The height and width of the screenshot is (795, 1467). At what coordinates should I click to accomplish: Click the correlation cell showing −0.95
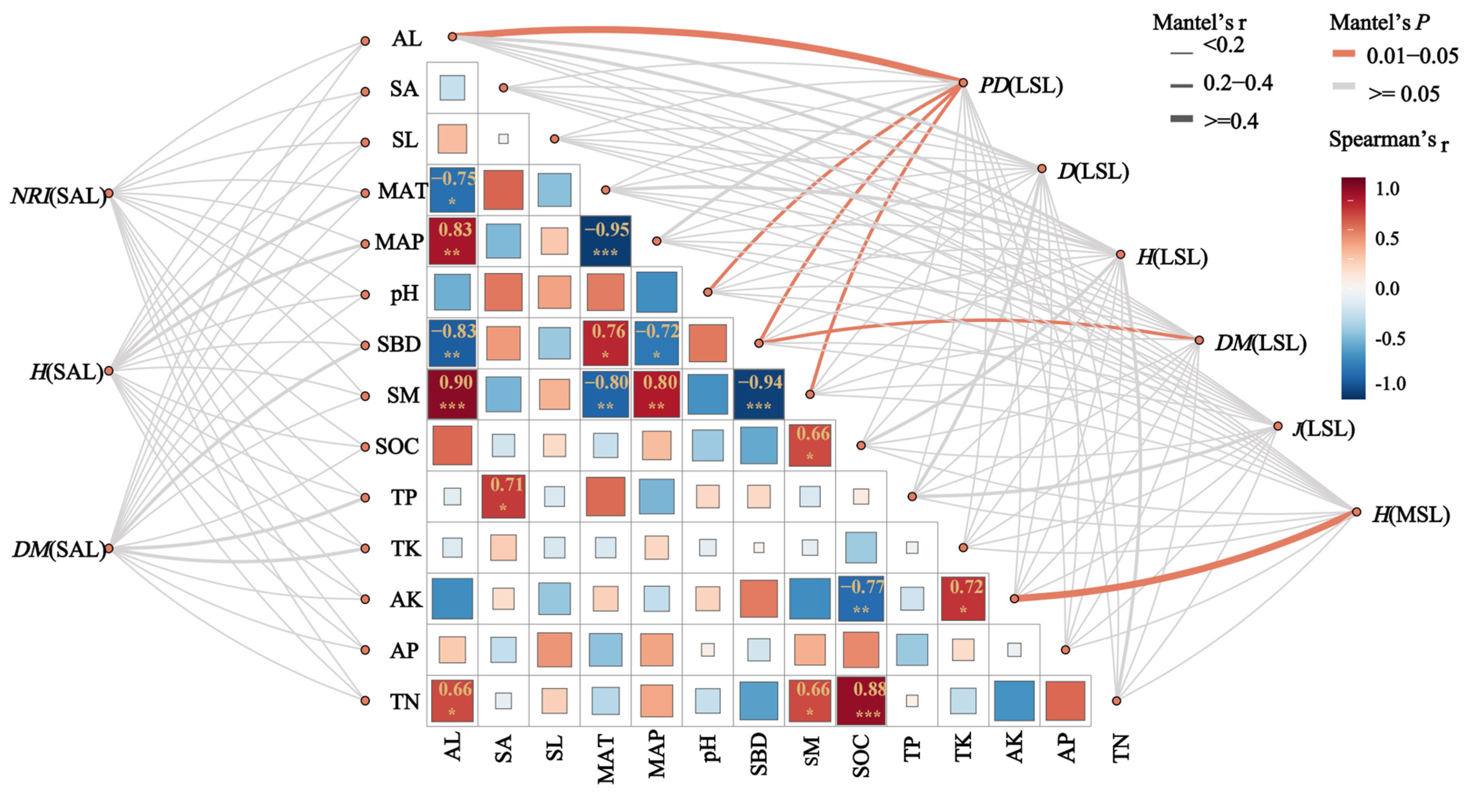click(x=605, y=241)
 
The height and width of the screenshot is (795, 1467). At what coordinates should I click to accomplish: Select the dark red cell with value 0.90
click(x=452, y=394)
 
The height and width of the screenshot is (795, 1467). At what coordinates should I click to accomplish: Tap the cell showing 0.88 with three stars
click(x=861, y=701)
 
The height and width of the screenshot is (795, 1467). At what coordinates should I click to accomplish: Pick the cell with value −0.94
click(x=759, y=394)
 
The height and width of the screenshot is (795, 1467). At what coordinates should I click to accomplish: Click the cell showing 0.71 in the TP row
click(x=503, y=496)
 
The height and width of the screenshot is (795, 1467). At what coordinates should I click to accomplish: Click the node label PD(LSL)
click(x=1020, y=85)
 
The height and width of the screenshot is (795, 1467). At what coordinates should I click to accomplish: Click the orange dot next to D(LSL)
click(x=1042, y=168)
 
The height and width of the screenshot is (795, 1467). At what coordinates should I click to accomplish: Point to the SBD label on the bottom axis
click(x=759, y=755)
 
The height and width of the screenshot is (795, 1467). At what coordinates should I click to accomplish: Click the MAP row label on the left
click(x=399, y=242)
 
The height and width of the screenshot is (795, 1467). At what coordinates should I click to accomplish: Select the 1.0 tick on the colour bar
click(x=1387, y=188)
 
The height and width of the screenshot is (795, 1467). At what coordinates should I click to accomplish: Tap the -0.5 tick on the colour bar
click(x=1389, y=339)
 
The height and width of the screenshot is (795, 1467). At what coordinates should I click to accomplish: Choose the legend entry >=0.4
click(x=1230, y=121)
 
